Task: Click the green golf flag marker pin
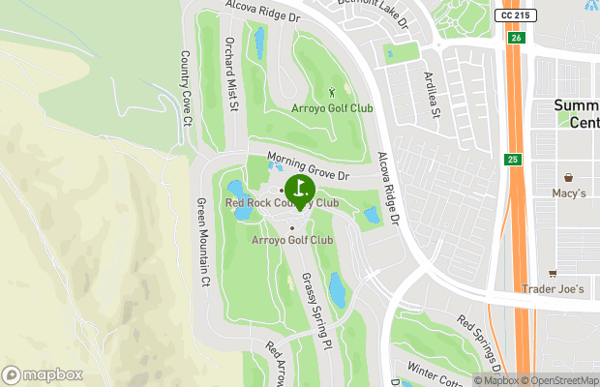tap(299, 190)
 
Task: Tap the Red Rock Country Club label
tap(282, 203)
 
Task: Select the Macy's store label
tap(569, 193)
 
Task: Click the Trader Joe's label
tap(553, 289)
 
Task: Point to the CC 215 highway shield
tap(515, 16)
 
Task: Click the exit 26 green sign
tap(516, 38)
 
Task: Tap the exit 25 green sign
tap(512, 159)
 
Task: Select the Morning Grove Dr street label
tap(306, 167)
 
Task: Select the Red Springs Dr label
tap(481, 343)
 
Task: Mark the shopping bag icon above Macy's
tap(568, 178)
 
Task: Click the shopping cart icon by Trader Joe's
tap(553, 273)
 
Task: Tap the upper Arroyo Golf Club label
tap(332, 108)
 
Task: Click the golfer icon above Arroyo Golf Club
tap(333, 93)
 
